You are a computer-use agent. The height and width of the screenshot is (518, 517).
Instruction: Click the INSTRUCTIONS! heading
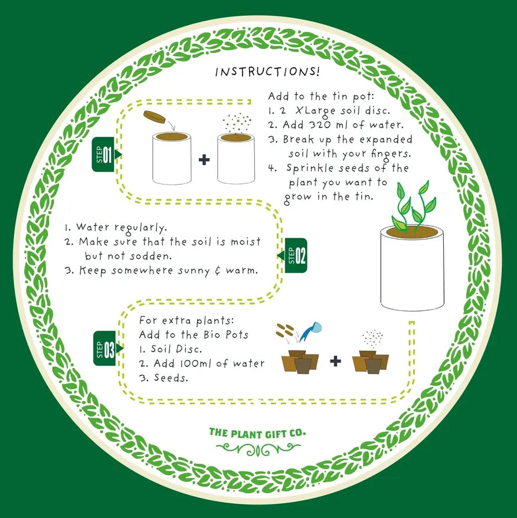click(x=267, y=72)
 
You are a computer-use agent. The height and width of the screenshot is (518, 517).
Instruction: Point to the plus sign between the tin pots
click(x=204, y=160)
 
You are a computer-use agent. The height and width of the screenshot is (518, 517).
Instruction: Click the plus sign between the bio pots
click(x=335, y=361)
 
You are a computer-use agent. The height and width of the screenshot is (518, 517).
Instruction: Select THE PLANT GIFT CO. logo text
click(x=257, y=433)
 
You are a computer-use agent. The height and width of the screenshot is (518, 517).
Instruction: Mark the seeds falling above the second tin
click(x=237, y=123)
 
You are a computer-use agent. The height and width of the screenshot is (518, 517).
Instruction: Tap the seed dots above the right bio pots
click(x=372, y=339)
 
